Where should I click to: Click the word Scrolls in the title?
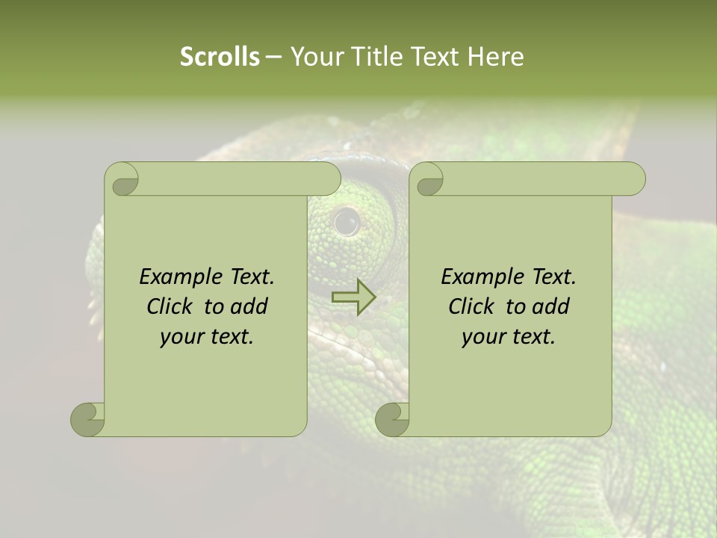click(x=220, y=57)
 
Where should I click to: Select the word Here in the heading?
click(x=496, y=57)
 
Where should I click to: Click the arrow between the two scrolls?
click(x=353, y=297)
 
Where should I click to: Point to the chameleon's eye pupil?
click(x=346, y=220)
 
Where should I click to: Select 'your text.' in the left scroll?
click(x=207, y=336)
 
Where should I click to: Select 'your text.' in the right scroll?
click(x=509, y=336)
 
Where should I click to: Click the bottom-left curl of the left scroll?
click(x=88, y=418)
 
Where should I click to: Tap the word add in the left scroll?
click(x=249, y=306)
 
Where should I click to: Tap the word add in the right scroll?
click(x=551, y=306)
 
